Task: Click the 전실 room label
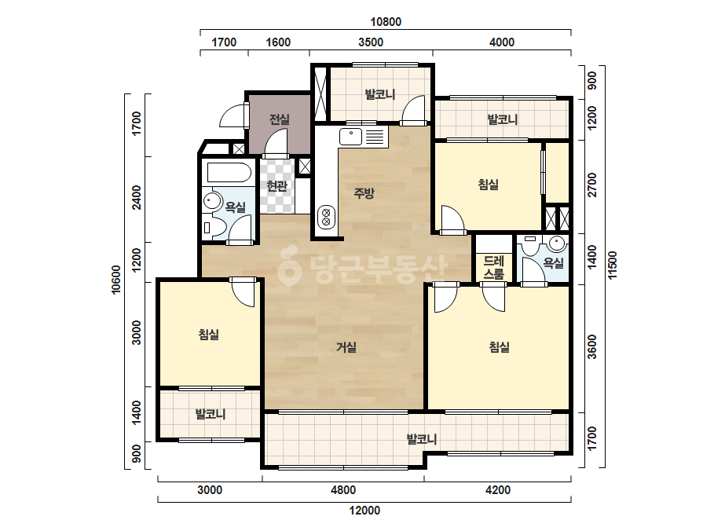tap(280, 119)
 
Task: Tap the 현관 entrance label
tap(277, 186)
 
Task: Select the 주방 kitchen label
tap(364, 193)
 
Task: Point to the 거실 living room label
tap(346, 347)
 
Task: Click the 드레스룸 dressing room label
tap(494, 267)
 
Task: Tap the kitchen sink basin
tap(351, 137)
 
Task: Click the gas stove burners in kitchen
tap(327, 218)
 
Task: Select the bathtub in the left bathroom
tap(229, 173)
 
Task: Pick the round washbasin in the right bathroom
tap(558, 244)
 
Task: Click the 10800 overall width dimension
tap(386, 22)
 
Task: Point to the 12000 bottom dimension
tap(364, 511)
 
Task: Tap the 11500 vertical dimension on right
tap(613, 265)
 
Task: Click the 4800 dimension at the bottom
tap(343, 490)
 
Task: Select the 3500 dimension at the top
tap(371, 42)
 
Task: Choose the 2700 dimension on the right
tap(592, 185)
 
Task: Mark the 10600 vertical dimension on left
tap(116, 280)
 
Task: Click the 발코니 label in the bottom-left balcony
tap(211, 414)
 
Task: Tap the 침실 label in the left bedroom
tap(209, 335)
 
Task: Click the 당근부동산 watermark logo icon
tap(290, 267)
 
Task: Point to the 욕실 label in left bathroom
tap(236, 207)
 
